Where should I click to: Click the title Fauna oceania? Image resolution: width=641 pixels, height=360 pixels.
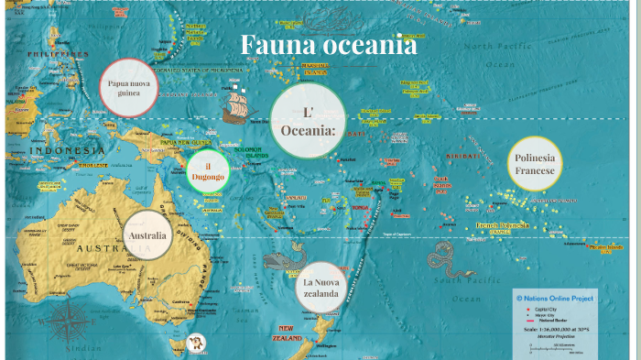(x=328, y=45)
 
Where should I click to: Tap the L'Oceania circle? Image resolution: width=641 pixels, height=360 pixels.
(x=308, y=121)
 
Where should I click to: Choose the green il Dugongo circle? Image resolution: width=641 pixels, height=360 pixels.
(x=208, y=170)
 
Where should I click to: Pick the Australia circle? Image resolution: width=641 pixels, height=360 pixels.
(x=147, y=235)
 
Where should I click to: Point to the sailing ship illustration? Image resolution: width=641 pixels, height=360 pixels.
(x=240, y=106)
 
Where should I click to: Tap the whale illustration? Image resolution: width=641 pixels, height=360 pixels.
(x=285, y=261)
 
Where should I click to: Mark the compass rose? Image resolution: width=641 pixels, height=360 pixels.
(x=65, y=323)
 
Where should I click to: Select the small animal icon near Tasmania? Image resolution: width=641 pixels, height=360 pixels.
(x=195, y=344)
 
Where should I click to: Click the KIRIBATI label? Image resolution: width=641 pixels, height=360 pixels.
(x=463, y=157)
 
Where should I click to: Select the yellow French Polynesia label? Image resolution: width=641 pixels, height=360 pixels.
(x=502, y=225)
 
